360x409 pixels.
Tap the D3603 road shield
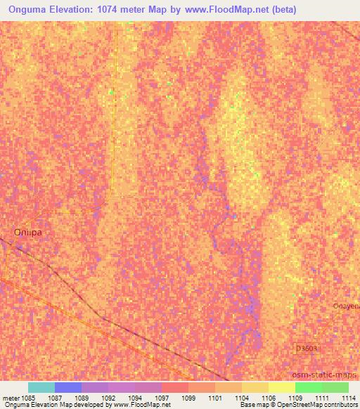[x=305, y=348]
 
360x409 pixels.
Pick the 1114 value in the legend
[x=349, y=397]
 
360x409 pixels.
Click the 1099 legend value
[x=188, y=397]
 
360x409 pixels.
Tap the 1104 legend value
[x=241, y=397]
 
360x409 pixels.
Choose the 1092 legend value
[x=108, y=397]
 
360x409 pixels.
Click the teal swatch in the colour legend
[x=41, y=387]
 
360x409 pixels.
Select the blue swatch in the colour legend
[x=68, y=387]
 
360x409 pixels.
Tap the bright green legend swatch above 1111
[x=309, y=387]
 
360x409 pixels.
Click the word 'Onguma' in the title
[x=27, y=10]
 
